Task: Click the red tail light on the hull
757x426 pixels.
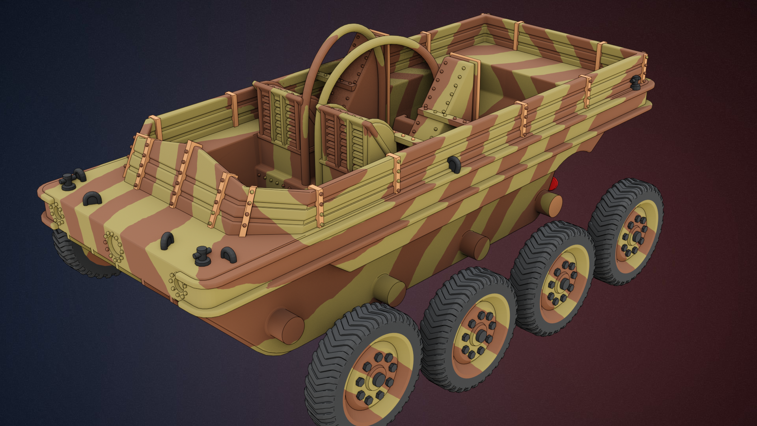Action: coord(554,184)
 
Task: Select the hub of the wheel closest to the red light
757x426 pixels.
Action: coord(636,236)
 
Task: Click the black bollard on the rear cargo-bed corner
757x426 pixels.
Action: coord(635,82)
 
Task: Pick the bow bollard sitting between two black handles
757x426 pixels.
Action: coord(202,255)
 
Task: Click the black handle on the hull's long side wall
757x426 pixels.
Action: coord(454,164)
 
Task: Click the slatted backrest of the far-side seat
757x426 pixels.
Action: coord(280,118)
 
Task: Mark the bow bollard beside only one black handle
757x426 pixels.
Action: coord(68,181)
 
